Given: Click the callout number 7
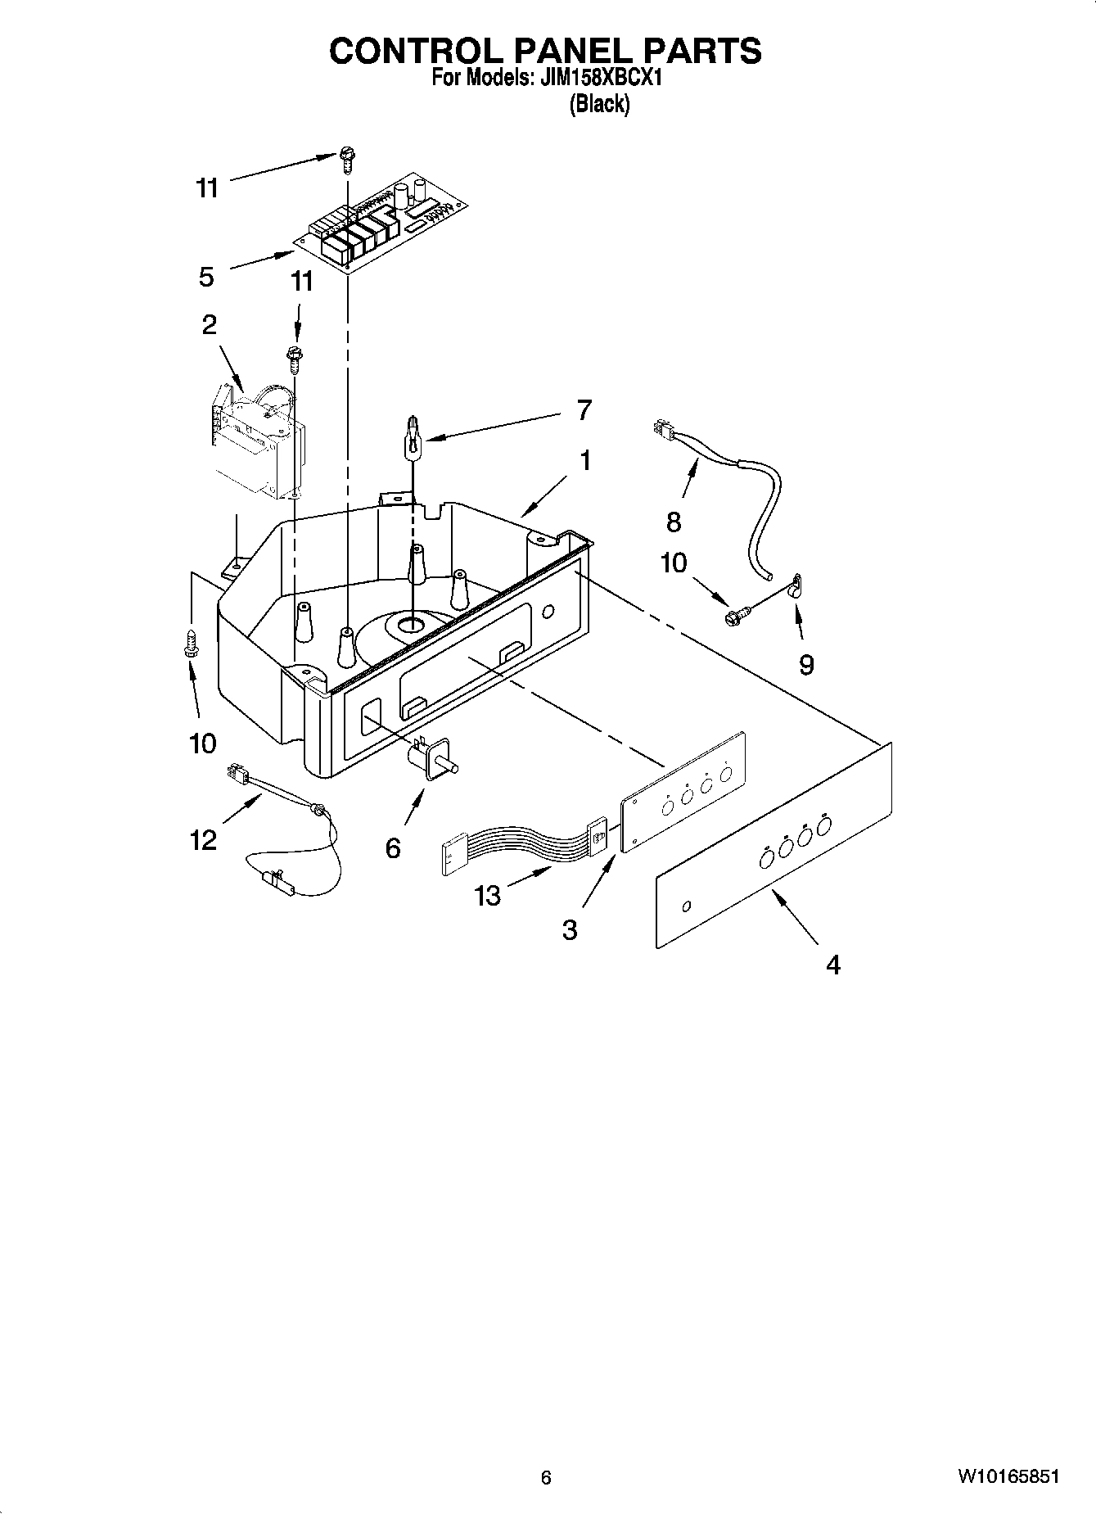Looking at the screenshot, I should (584, 409).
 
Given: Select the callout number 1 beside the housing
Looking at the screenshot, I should (585, 461).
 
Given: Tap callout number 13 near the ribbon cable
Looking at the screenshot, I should (487, 896).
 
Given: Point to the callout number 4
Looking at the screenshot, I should (832, 965).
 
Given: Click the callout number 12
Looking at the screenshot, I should (203, 839).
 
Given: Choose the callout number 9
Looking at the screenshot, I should (806, 665).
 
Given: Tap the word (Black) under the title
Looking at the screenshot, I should (599, 104).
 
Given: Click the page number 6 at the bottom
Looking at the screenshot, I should (546, 1477).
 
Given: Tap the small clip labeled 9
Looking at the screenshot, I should (794, 586).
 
